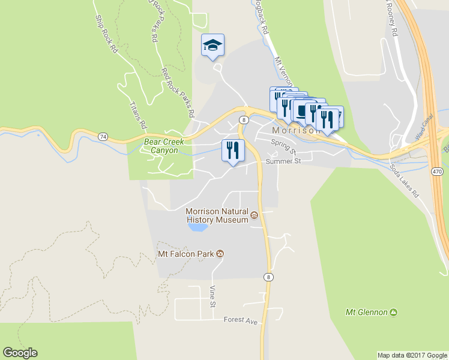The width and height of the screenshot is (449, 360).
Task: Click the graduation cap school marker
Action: point(212,46)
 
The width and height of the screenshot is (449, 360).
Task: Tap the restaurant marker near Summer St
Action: point(232,150)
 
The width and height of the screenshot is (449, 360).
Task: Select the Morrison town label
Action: point(293,130)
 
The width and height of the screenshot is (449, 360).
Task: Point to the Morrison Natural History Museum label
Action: point(217,215)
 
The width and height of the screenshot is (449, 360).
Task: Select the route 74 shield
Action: point(104,137)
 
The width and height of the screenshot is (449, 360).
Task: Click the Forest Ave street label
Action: point(240,321)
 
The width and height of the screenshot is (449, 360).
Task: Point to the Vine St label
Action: point(212,296)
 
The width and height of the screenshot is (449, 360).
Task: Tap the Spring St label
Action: point(283,146)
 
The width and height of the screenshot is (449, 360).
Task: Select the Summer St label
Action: point(282,161)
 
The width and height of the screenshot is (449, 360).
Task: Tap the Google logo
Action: point(20,353)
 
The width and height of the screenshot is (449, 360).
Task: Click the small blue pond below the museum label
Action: point(198,227)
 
